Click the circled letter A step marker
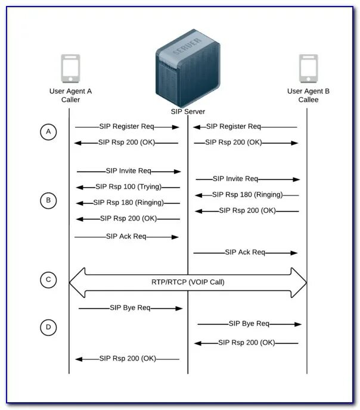tap(48, 132)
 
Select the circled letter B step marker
tap(48, 200)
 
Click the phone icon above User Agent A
tap(70, 69)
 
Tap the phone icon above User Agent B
tap(308, 69)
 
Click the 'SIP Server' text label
tap(188, 111)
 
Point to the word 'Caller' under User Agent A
tap(70, 100)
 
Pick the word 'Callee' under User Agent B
tap(308, 100)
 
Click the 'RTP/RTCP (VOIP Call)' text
tap(188, 282)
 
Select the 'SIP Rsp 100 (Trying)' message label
tap(129, 187)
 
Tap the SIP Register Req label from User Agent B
tap(234, 126)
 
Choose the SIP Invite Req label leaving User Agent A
tap(129, 170)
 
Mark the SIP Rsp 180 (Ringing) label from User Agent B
tap(247, 194)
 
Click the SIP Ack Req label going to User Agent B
tap(245, 252)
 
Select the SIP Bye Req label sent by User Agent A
tap(130, 307)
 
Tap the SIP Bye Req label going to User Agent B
tap(249, 324)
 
